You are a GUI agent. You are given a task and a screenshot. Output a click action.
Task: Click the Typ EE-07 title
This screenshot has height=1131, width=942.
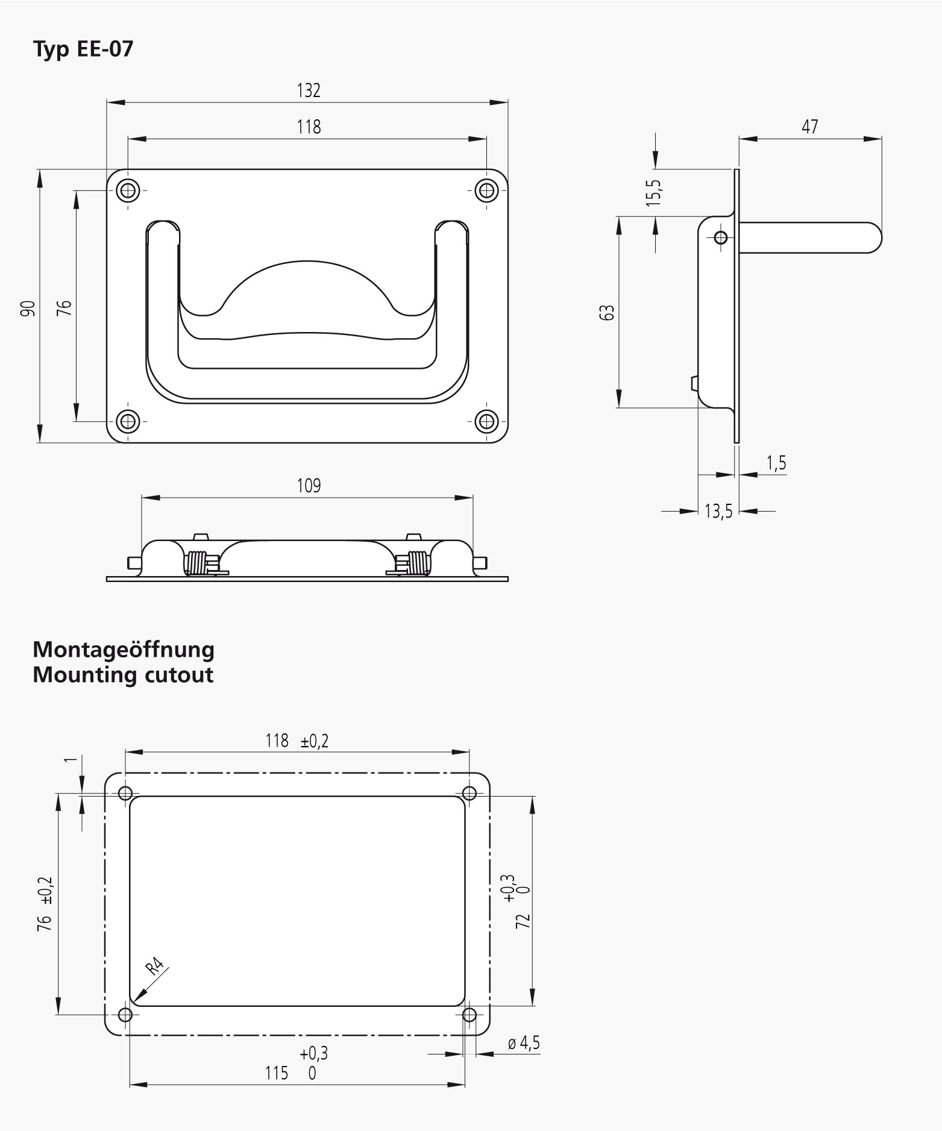(83, 49)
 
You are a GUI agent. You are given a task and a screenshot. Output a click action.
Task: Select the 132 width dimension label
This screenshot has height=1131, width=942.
(309, 90)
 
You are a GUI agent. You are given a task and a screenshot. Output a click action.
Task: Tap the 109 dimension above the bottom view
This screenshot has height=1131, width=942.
(309, 486)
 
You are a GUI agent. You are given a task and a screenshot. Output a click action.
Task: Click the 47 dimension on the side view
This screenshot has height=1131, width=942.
(810, 127)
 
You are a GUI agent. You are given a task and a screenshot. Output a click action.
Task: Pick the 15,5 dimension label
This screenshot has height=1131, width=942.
(655, 193)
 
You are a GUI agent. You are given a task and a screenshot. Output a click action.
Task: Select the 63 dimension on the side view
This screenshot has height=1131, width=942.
(608, 312)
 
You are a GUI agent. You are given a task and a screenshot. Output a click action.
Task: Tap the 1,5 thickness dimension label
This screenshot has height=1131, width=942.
(776, 463)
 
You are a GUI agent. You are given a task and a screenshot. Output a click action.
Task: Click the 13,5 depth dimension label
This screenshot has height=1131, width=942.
(718, 512)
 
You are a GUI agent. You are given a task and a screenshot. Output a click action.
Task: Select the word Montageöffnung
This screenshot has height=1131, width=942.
(124, 650)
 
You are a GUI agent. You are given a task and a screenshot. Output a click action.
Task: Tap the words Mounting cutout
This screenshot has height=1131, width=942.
(123, 675)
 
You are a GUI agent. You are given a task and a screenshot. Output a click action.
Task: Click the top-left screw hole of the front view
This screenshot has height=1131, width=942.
(128, 190)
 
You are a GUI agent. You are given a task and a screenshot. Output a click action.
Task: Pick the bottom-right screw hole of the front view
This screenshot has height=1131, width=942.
(486, 421)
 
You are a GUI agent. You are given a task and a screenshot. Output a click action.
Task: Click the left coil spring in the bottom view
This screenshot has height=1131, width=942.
(196, 563)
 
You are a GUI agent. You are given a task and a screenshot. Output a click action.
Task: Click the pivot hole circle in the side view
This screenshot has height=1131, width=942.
(720, 237)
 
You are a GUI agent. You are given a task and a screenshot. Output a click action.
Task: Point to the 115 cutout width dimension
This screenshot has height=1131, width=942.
(277, 1073)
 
